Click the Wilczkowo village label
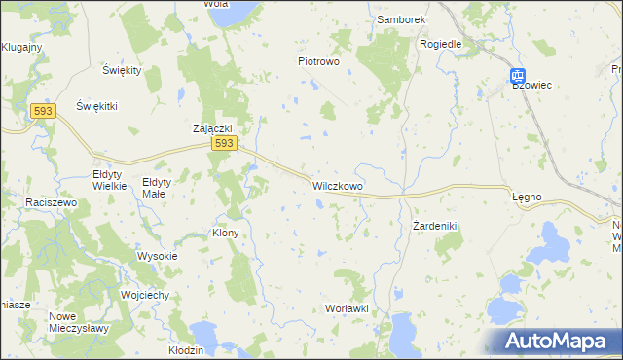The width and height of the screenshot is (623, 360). pyautogui.click(x=337, y=184)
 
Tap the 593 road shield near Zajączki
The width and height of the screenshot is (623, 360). pyautogui.click(x=223, y=143)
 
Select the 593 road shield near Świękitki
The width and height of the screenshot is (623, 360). pyautogui.click(x=42, y=112)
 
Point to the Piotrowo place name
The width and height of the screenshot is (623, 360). pyautogui.click(x=317, y=60)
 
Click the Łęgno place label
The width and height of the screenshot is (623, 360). pyautogui.click(x=527, y=197)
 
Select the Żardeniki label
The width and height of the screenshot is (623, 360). pyautogui.click(x=434, y=225)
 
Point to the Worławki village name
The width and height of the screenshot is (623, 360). pyautogui.click(x=346, y=308)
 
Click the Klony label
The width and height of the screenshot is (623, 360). pyautogui.click(x=225, y=234)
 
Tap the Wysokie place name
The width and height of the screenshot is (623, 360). pyautogui.click(x=157, y=256)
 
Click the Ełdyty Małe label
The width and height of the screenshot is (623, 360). pyautogui.click(x=157, y=187)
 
